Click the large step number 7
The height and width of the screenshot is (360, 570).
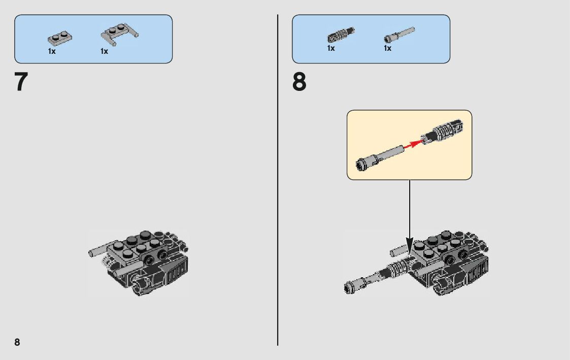click(21, 82)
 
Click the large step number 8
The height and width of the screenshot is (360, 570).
click(299, 82)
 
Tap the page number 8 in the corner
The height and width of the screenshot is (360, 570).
click(17, 342)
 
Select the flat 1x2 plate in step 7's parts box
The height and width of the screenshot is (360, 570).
click(59, 38)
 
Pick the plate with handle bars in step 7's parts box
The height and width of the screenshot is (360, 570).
click(120, 34)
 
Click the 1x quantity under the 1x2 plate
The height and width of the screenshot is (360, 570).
click(52, 51)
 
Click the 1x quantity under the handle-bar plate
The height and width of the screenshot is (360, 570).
click(105, 51)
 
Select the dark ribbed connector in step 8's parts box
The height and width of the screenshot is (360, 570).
click(341, 35)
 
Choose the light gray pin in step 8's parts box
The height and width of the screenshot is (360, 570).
click(399, 35)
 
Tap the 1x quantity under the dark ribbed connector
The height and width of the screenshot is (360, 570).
click(331, 48)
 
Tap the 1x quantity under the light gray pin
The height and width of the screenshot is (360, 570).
click(387, 48)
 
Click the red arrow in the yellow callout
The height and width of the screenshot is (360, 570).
click(413, 144)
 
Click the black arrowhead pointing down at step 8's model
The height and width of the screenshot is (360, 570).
click(410, 247)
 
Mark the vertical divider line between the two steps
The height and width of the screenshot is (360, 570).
click(278, 180)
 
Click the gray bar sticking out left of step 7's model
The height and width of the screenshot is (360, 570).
click(98, 250)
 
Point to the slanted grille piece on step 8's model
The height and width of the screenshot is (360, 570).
click(476, 271)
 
